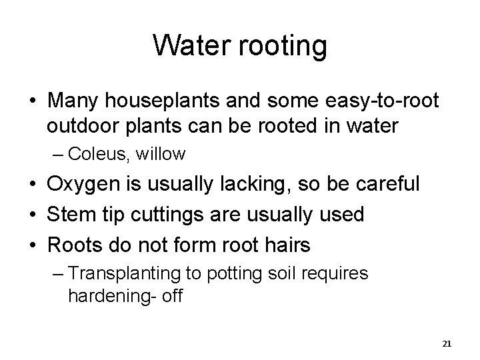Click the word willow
(x=160, y=155)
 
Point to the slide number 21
(x=447, y=343)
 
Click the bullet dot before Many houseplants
(x=32, y=102)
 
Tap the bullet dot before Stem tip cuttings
(x=32, y=215)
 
